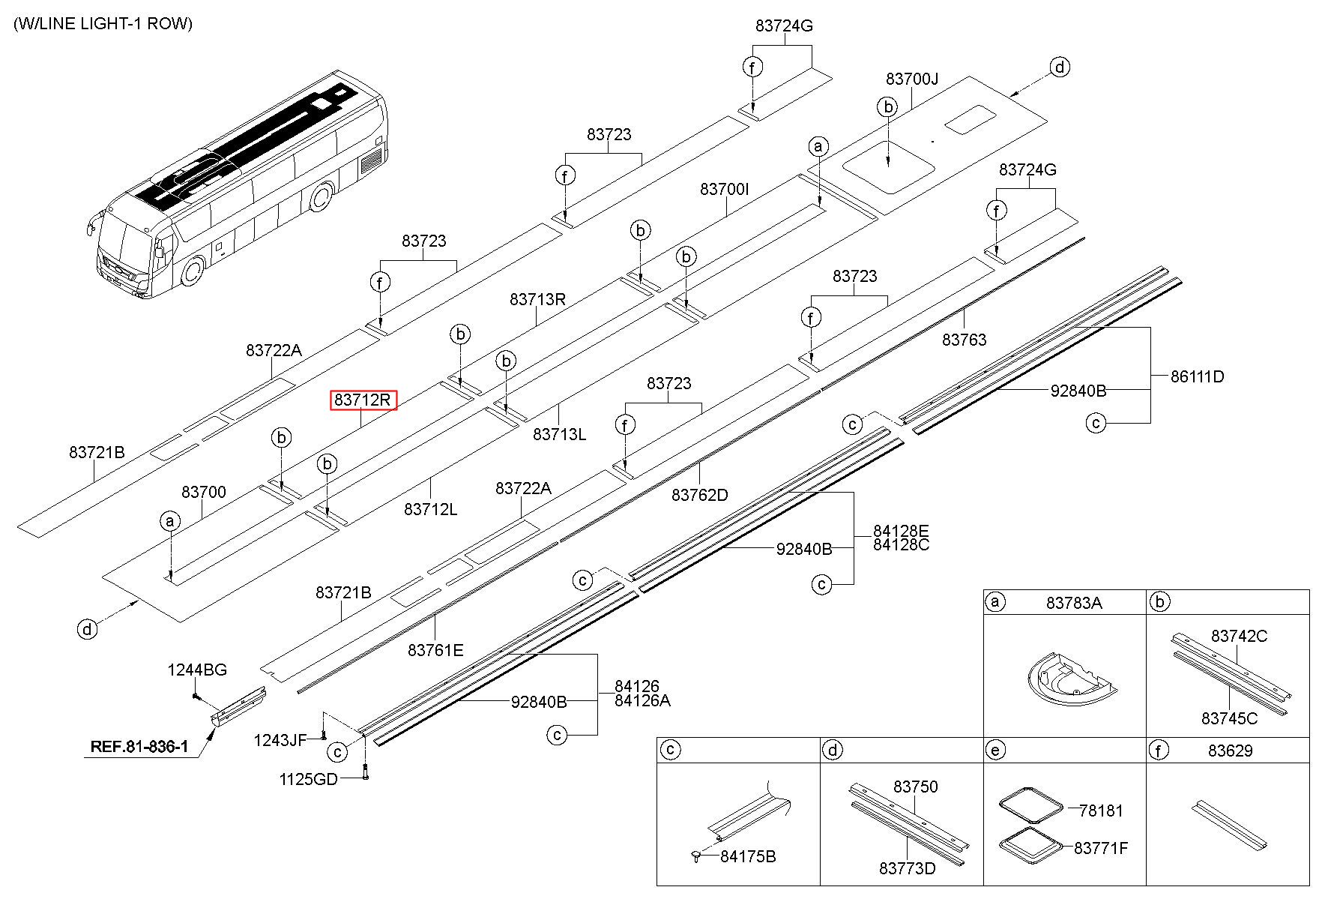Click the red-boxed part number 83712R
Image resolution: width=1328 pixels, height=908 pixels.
(363, 400)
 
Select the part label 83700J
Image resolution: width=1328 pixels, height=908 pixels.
(911, 79)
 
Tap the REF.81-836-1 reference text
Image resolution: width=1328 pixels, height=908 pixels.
(139, 747)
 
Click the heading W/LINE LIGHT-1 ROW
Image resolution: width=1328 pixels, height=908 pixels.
(103, 24)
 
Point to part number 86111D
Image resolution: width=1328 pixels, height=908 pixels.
(1197, 377)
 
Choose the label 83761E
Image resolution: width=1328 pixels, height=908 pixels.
(435, 650)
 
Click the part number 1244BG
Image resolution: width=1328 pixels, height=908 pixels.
(196, 670)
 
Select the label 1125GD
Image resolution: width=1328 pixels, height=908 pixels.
(308, 780)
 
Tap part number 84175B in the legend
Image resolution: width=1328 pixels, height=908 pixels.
(748, 856)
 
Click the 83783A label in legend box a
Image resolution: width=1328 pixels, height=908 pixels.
(1074, 603)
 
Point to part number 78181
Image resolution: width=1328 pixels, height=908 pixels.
(1101, 811)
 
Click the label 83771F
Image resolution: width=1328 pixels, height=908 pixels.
(1100, 848)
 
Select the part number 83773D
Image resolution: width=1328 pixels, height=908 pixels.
(907, 868)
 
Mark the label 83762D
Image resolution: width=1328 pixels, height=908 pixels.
(699, 495)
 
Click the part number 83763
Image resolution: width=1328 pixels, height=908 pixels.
(964, 340)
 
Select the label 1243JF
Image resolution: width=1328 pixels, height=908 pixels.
(280, 741)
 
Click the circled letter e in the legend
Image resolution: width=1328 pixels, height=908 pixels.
(995, 750)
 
